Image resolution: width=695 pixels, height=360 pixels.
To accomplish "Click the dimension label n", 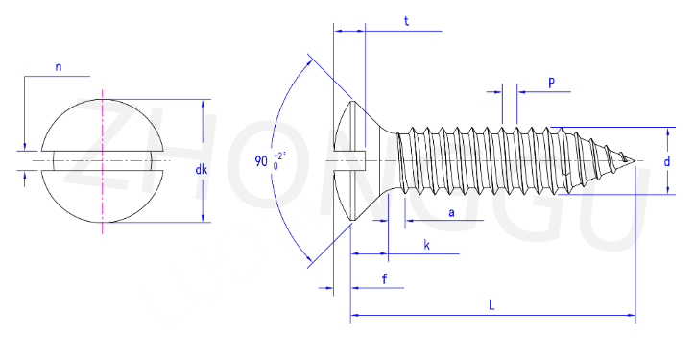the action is click(x=59, y=67).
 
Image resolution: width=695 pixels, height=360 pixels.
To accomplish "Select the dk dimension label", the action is click(x=202, y=169).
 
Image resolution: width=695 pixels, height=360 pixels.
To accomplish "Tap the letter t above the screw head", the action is click(x=406, y=21).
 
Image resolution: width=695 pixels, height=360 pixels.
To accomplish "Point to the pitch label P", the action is click(x=551, y=83).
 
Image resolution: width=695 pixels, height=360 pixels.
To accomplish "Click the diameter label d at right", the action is click(x=666, y=162).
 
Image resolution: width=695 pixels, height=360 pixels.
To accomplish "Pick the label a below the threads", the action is click(x=451, y=213).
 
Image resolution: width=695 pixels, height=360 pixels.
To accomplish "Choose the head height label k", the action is click(x=426, y=245).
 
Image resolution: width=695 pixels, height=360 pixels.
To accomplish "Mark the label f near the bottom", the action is click(x=384, y=278).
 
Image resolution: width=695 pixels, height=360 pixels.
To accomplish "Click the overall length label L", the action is click(x=491, y=305).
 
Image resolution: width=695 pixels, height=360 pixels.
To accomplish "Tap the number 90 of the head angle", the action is click(x=261, y=161).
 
